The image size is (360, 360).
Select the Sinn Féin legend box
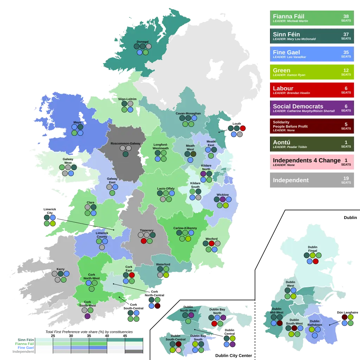click(x=312, y=36)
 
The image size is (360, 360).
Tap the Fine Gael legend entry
click(x=312, y=54)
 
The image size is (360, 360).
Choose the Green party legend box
click(x=312, y=72)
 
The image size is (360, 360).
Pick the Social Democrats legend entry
click(x=312, y=108)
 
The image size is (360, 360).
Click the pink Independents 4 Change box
click(x=312, y=162)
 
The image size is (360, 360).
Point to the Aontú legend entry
click(x=312, y=144)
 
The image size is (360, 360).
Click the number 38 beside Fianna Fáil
click(x=346, y=16)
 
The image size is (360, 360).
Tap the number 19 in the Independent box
click(x=346, y=178)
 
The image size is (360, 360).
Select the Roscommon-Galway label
click(x=126, y=143)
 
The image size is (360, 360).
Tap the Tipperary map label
click(x=147, y=230)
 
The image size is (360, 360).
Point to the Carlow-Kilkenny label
click(x=185, y=228)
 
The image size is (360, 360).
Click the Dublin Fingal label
click(x=313, y=249)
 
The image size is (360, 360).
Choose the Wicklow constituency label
click(x=223, y=195)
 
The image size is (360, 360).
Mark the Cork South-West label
click(x=88, y=304)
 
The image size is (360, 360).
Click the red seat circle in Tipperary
click(x=143, y=241)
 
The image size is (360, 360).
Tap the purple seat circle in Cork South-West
click(x=88, y=316)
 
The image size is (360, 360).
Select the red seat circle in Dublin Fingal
click(x=316, y=261)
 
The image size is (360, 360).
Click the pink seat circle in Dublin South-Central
click(x=178, y=350)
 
